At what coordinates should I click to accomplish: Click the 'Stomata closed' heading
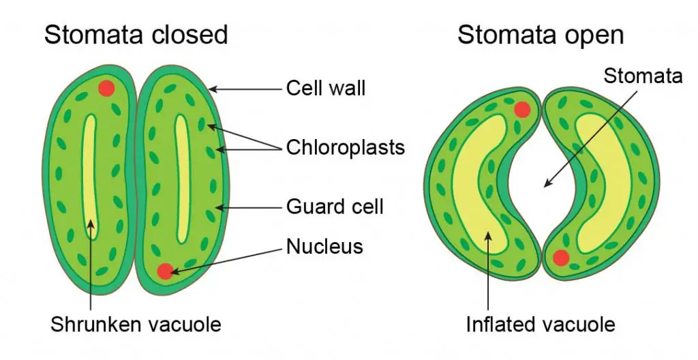click(x=136, y=34)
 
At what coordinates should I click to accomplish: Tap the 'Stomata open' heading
click(x=541, y=35)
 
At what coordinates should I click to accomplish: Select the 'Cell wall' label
click(x=325, y=88)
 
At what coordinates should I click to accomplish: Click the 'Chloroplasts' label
click(x=346, y=147)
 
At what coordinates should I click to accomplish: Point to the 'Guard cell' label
click(x=335, y=207)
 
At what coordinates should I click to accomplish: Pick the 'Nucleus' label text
click(x=324, y=246)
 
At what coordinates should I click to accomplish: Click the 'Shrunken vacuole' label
click(x=136, y=324)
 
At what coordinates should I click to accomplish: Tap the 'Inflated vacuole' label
click(x=541, y=324)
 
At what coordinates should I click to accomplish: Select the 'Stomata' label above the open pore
click(x=643, y=76)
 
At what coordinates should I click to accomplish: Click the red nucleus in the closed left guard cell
click(x=107, y=88)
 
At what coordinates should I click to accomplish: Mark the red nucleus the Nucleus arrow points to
click(x=165, y=271)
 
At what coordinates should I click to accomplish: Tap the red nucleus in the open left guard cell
click(x=522, y=109)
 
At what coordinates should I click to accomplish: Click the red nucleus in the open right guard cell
click(x=561, y=258)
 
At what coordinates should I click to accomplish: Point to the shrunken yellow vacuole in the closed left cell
click(x=90, y=178)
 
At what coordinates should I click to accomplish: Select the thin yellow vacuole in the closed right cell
click(x=181, y=178)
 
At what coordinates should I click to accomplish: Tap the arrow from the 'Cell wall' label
click(x=245, y=89)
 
